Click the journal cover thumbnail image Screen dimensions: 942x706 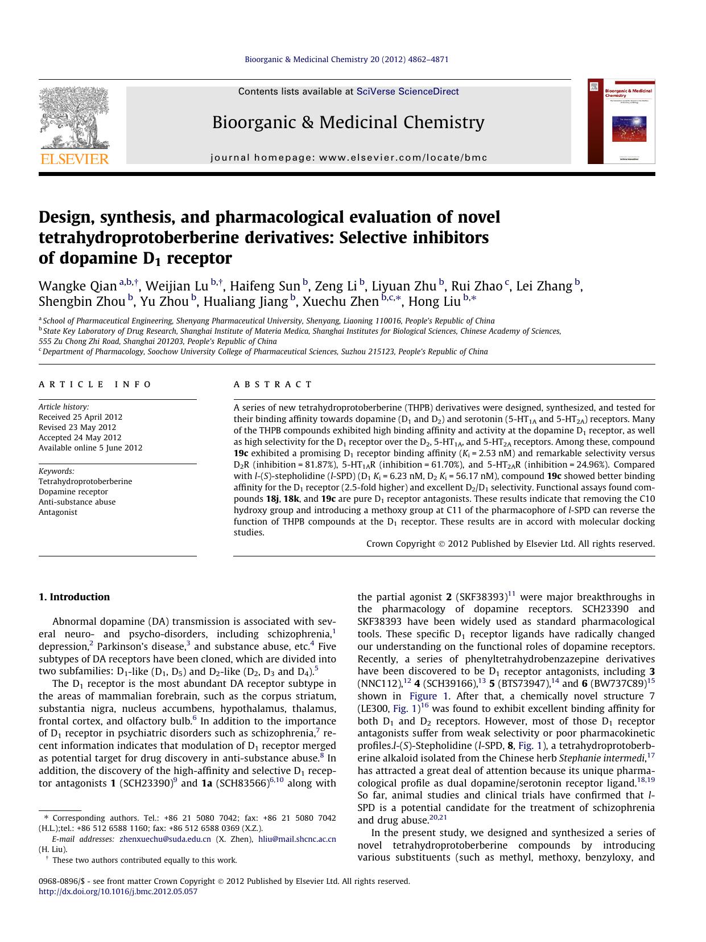coord(621,121)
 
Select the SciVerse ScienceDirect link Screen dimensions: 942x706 coord(407,92)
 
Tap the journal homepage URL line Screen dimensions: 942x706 coord(349,158)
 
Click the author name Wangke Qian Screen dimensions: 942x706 coord(77,286)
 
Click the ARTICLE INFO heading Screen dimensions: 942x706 coord(95,384)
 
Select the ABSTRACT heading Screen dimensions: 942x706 coord(273,384)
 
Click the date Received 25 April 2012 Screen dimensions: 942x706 coord(80,417)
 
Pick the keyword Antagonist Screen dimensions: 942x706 coord(57,512)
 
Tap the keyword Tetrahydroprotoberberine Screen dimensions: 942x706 coord(85,481)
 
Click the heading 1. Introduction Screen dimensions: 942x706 coord(74,597)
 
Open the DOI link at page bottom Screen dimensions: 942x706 coord(118,891)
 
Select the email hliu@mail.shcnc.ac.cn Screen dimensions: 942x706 coord(297,839)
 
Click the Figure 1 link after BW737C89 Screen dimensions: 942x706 coord(423,696)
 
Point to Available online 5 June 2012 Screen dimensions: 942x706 coord(90,448)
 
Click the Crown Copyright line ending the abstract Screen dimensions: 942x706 coord(510,544)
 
